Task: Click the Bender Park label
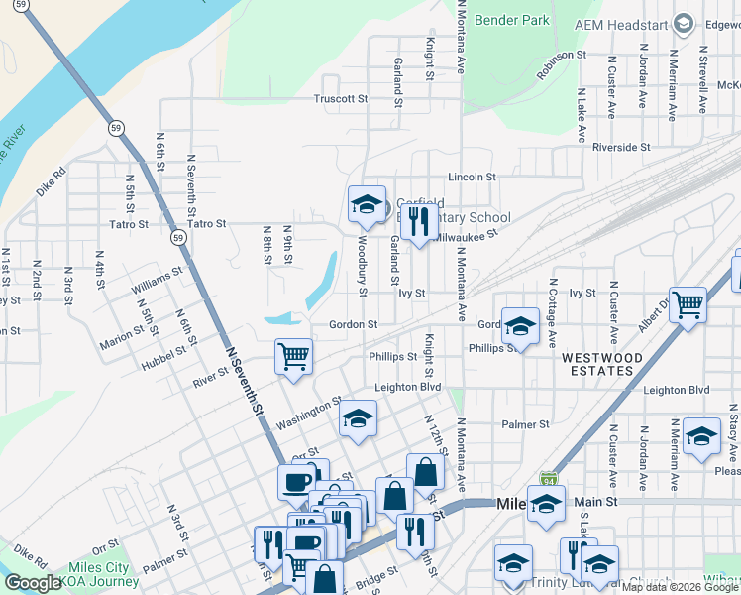(x=511, y=19)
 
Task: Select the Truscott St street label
(x=340, y=99)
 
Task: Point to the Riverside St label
(x=620, y=147)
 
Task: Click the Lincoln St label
(x=471, y=177)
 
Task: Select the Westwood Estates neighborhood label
(x=596, y=364)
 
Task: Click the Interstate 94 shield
(x=549, y=478)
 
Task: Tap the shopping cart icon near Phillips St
(x=293, y=355)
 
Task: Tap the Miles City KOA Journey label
(x=98, y=574)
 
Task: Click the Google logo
(x=34, y=583)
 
